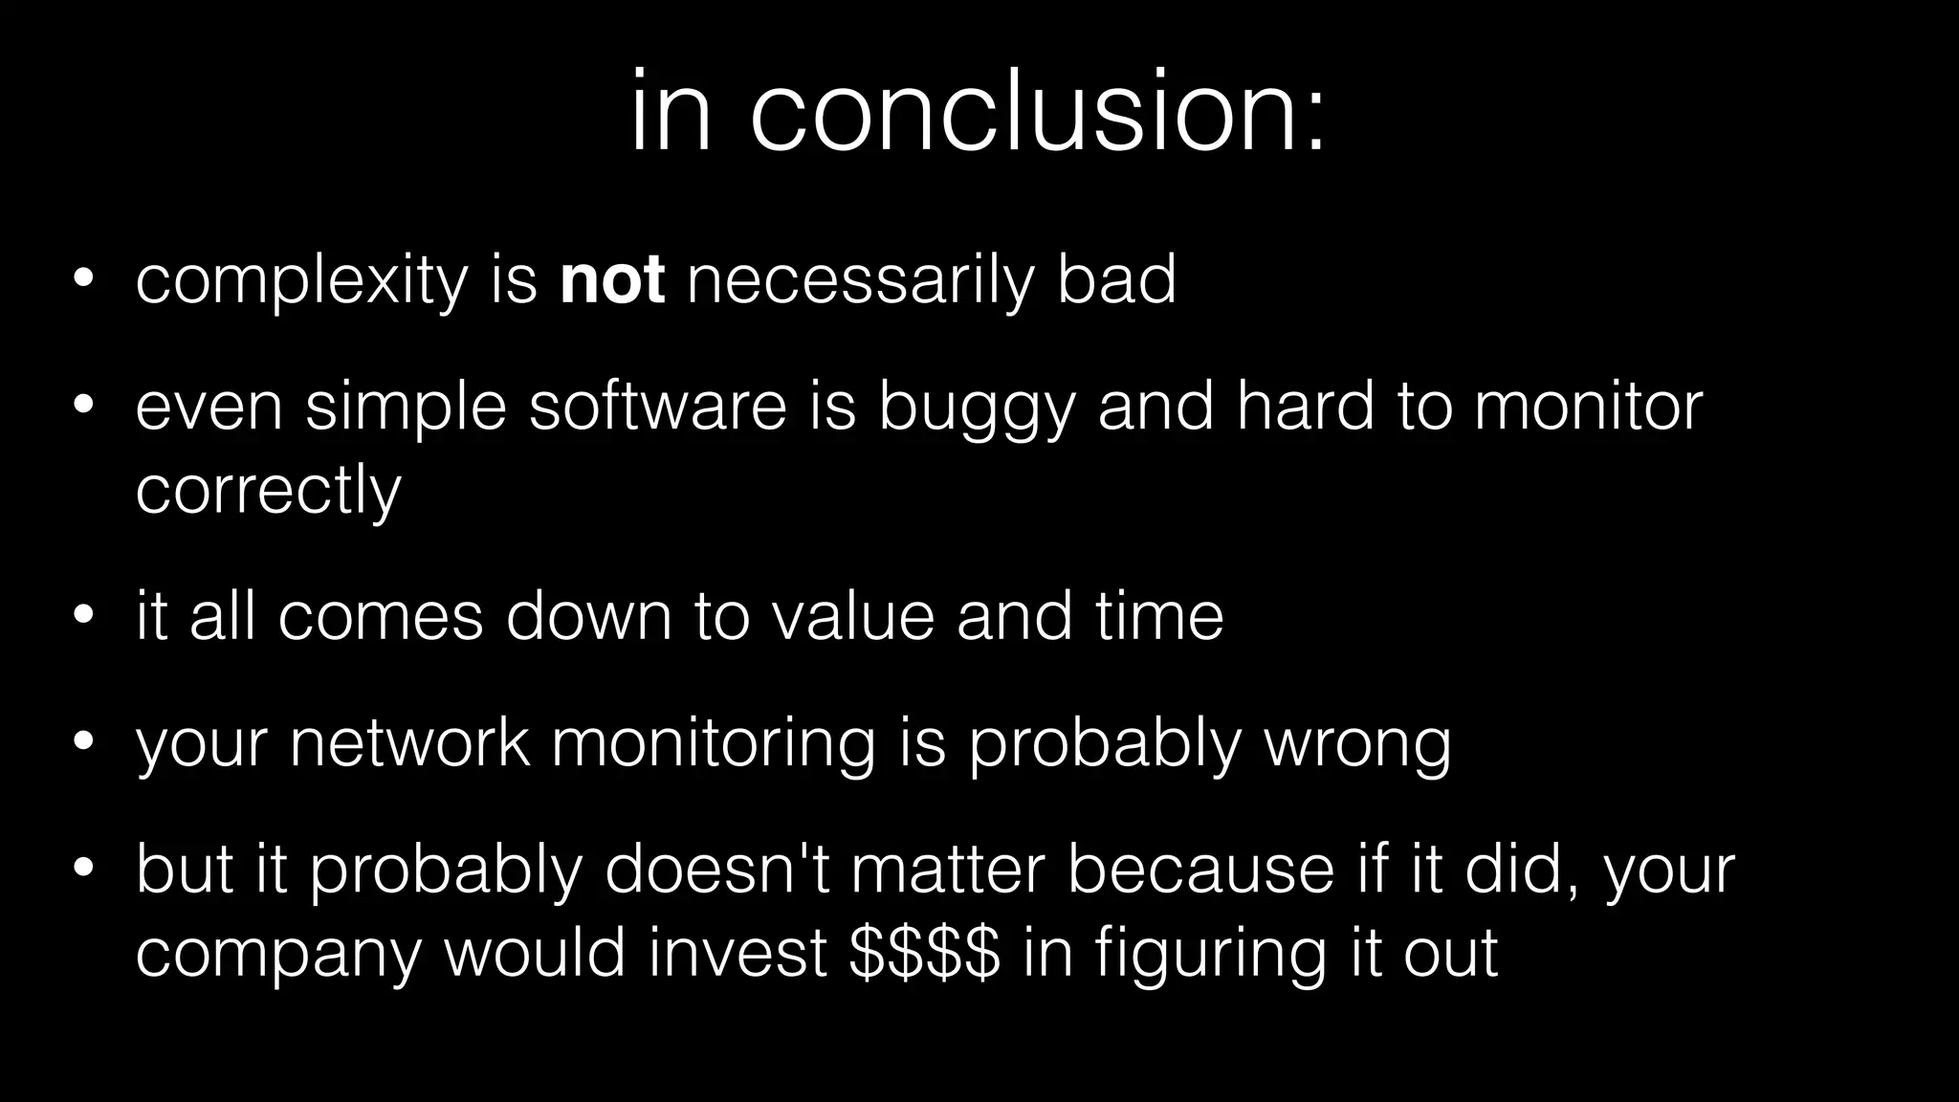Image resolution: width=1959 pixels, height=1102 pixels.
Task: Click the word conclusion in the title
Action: (1038, 113)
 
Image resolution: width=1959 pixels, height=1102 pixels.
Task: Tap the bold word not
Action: (612, 280)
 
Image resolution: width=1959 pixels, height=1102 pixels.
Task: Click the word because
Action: (1200, 870)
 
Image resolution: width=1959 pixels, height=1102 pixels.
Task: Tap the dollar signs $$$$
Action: (924, 954)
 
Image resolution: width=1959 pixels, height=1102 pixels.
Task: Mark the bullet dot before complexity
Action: (83, 281)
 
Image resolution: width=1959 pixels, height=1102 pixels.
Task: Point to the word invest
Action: (737, 954)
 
